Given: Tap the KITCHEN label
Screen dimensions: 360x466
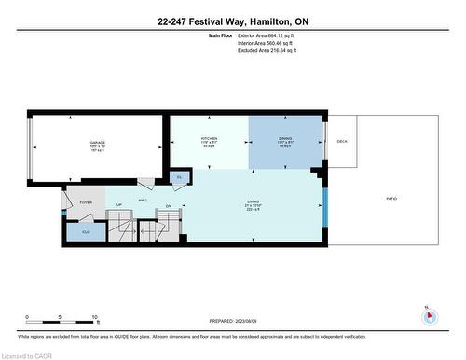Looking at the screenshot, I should (x=208, y=137).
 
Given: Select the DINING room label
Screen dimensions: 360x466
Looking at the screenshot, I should (x=286, y=137).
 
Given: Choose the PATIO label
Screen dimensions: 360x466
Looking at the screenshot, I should (x=391, y=199).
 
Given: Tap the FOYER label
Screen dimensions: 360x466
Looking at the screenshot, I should (x=85, y=201).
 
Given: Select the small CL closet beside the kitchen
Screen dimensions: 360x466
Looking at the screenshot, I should (x=180, y=176).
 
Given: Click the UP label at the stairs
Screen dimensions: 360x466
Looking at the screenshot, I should (x=119, y=206).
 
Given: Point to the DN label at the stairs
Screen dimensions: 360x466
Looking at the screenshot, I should (x=169, y=206).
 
